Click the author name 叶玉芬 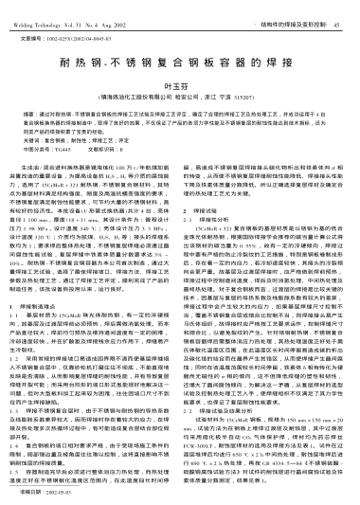pos(179,85)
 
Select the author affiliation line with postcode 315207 pos(179,98)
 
